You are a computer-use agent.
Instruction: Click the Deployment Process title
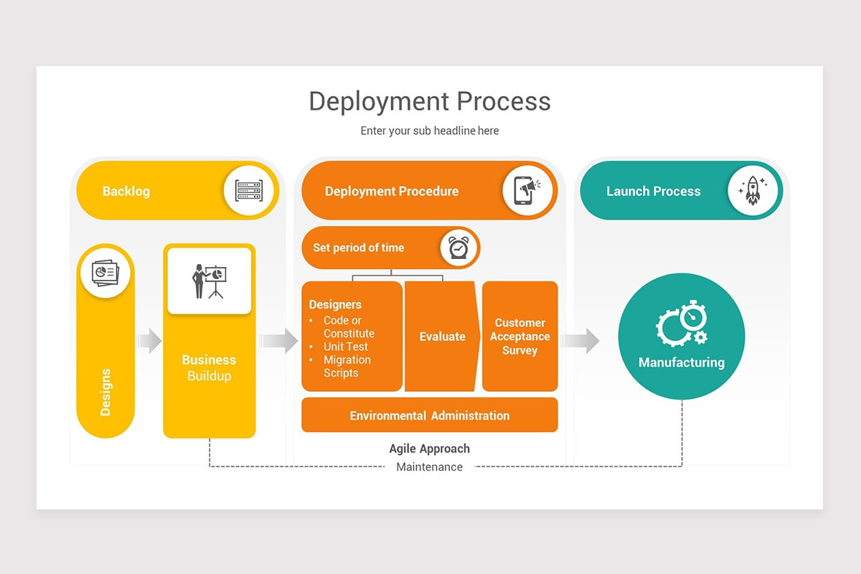tap(430, 101)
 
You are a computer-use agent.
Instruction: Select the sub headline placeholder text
tap(430, 131)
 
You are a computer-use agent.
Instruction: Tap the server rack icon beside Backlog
tap(249, 191)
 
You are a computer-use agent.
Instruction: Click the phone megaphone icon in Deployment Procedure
tap(527, 191)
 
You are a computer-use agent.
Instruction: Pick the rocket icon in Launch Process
tap(753, 191)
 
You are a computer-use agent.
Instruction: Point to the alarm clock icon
tap(458, 248)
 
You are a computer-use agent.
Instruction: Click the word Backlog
tap(126, 191)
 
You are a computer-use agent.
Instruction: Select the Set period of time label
tap(359, 248)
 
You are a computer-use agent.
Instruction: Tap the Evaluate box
tap(442, 337)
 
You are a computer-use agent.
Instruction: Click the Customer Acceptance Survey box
tap(519, 337)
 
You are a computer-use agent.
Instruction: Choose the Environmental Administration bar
tap(430, 415)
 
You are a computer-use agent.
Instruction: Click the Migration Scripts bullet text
tap(347, 366)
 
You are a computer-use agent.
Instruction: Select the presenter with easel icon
tap(210, 281)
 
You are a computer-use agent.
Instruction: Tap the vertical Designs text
tap(105, 392)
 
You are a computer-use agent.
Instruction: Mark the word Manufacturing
tap(682, 362)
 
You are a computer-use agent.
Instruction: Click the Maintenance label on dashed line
tap(430, 467)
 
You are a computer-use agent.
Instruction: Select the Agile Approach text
tap(430, 448)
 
